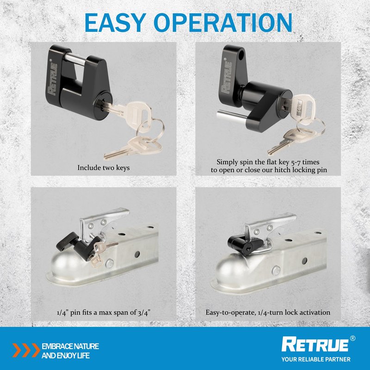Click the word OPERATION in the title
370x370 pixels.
tap(223, 23)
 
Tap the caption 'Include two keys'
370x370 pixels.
tap(104, 168)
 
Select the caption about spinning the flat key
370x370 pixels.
tap(269, 166)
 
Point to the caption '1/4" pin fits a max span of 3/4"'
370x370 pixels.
tap(104, 313)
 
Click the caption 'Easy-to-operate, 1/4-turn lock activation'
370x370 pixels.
tap(268, 313)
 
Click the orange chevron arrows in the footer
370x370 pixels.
tap(26, 350)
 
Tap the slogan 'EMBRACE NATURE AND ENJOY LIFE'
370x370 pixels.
tap(70, 351)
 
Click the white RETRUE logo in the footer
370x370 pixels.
tap(315, 345)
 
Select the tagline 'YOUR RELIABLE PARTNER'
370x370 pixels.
tap(316, 359)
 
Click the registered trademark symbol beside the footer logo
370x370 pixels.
tap(352, 338)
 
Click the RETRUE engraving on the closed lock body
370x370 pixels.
tap(52, 79)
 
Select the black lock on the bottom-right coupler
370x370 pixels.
tap(246, 245)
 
